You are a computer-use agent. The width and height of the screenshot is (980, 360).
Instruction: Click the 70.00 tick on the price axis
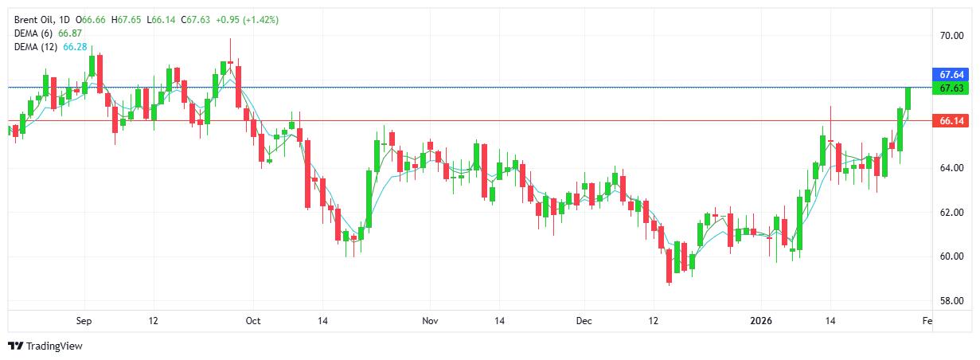(x=952, y=36)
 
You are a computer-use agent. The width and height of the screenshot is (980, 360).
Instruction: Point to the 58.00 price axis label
(x=952, y=301)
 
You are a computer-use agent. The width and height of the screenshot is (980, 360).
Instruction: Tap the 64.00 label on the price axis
(x=952, y=168)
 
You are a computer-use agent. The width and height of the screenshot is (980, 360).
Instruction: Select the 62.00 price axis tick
(x=952, y=213)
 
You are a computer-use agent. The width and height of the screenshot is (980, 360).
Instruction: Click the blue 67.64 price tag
(x=952, y=75)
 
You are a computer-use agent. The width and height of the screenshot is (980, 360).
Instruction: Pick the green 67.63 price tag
(x=952, y=88)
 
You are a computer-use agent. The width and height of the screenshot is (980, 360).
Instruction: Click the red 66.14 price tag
(x=952, y=121)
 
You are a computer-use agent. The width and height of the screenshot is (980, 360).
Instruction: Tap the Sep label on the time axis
(x=84, y=321)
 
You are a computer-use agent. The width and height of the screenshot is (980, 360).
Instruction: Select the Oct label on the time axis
(x=253, y=321)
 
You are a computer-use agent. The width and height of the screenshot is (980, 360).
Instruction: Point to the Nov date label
(x=430, y=321)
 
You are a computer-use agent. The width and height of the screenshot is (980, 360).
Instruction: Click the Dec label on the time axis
(x=584, y=321)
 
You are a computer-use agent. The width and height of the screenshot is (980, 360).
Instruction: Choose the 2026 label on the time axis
(x=762, y=321)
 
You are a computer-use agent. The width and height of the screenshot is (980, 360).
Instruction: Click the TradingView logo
(x=45, y=346)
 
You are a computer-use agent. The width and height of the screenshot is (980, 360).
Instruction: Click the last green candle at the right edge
(x=908, y=98)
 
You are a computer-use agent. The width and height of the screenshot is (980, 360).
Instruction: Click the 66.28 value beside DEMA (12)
(x=75, y=47)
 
